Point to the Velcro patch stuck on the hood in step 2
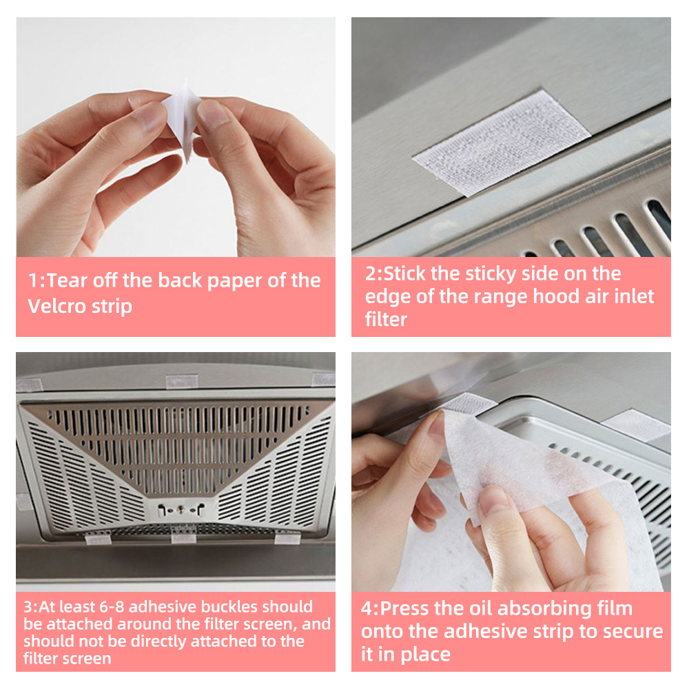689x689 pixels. coord(502,142)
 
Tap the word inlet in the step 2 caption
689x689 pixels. coord(630,297)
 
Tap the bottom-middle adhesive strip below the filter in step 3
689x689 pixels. coord(183,537)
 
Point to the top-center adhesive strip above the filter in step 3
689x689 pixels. coord(182,381)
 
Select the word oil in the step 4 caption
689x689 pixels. coord(477,609)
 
